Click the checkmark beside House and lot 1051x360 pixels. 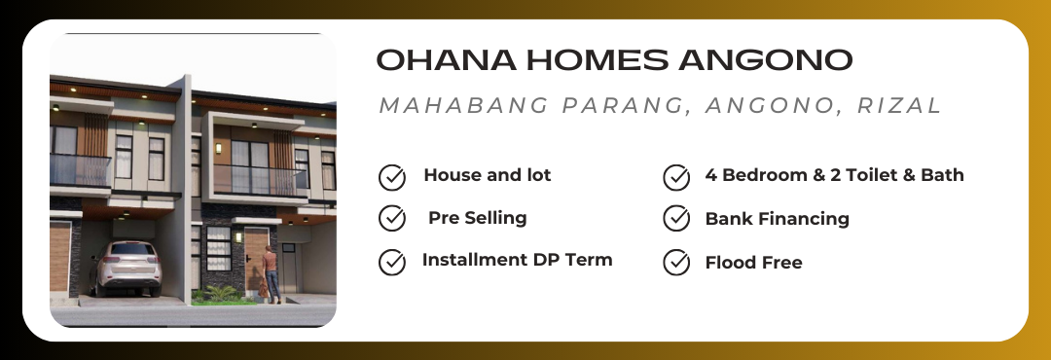[x=392, y=178]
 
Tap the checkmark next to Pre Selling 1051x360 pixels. [x=392, y=219]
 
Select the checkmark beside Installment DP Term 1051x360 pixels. [x=392, y=262]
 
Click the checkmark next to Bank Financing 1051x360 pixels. [x=676, y=219]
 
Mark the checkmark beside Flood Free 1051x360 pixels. [x=676, y=262]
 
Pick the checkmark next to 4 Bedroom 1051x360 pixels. [x=676, y=178]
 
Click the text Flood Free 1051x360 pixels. [x=753, y=262]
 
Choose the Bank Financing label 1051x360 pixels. [x=777, y=219]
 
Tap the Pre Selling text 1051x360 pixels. [x=477, y=218]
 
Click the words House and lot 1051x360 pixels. [x=488, y=175]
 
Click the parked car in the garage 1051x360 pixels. [x=126, y=268]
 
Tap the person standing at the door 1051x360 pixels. [x=271, y=274]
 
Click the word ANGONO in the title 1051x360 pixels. [x=765, y=59]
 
